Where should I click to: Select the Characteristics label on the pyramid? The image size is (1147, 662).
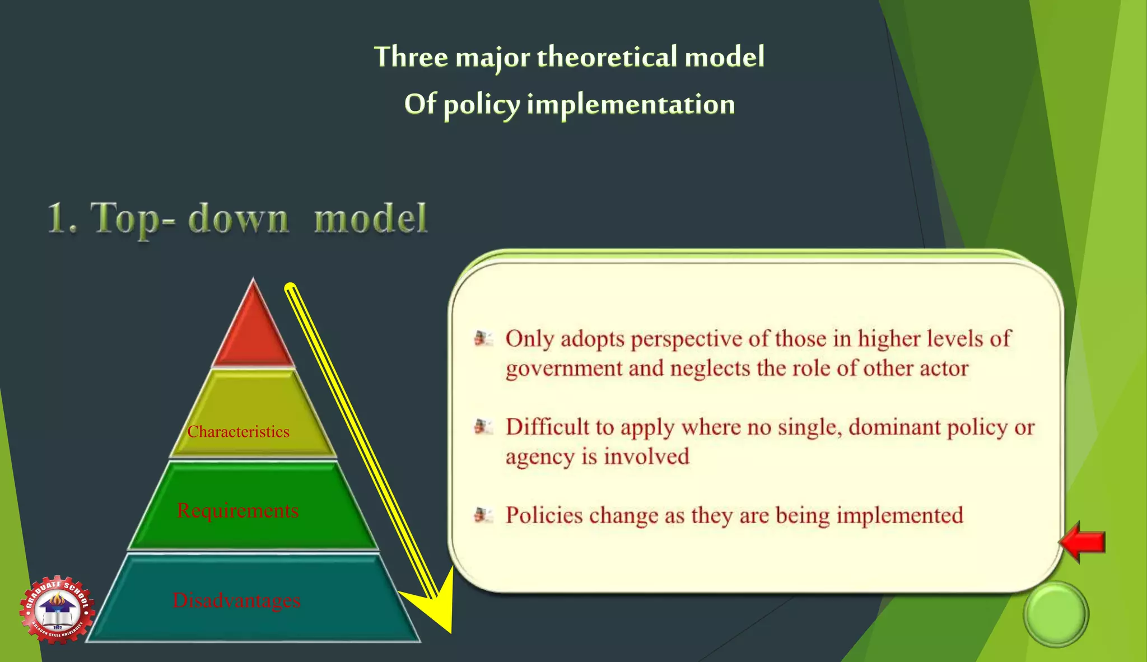(239, 432)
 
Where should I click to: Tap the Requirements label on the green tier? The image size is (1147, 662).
(237, 510)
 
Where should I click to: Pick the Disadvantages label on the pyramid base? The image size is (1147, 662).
(236, 600)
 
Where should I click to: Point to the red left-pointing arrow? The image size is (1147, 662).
(1083, 542)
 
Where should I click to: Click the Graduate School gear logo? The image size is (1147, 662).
(57, 609)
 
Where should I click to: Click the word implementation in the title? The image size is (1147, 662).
(631, 105)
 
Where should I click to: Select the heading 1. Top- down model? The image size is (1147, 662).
(237, 218)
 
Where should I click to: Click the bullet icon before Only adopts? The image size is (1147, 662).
(483, 338)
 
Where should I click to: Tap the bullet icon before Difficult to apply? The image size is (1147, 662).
(483, 427)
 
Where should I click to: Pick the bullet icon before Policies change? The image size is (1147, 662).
(483, 515)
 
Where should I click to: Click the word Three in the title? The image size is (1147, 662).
(411, 57)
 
